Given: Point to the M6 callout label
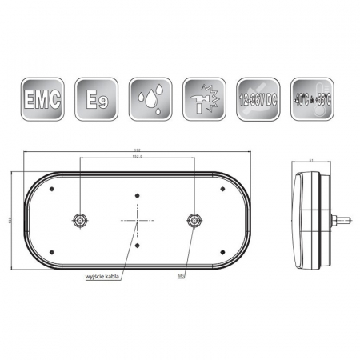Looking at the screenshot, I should [x=183, y=277].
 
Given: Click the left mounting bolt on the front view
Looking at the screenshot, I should [x=80, y=220].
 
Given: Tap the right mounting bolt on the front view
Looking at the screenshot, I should [x=194, y=220].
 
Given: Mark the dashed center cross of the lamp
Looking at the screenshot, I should [x=137, y=221].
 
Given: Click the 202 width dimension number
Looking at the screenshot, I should [x=137, y=154].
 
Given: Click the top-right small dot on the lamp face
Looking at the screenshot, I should [x=222, y=190].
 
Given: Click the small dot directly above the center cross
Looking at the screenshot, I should [x=137, y=194].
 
